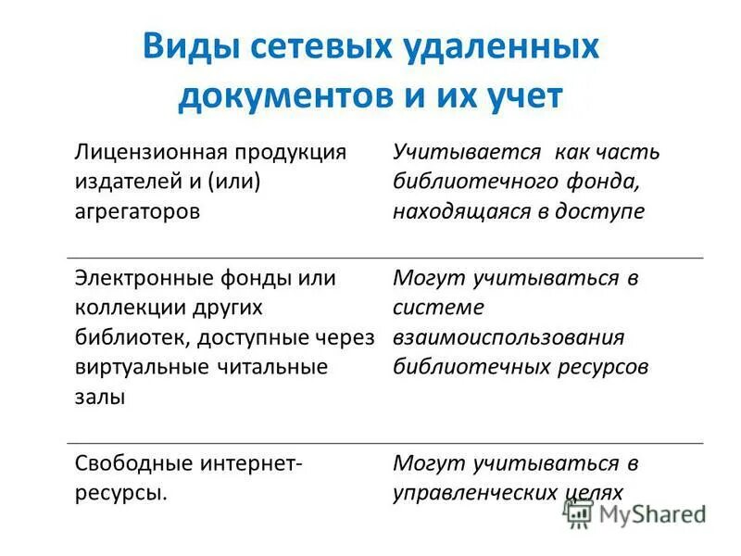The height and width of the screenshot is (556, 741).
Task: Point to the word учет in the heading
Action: click(x=520, y=96)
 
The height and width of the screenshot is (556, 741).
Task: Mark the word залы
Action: click(x=94, y=397)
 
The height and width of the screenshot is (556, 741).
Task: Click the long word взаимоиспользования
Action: click(x=509, y=336)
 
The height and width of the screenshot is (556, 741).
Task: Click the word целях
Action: click(x=596, y=492)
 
